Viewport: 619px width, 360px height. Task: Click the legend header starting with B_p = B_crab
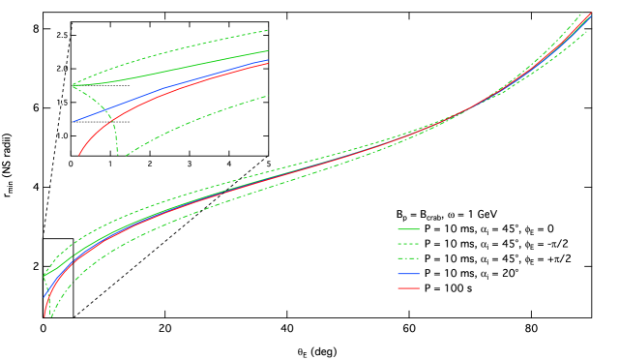click(x=446, y=215)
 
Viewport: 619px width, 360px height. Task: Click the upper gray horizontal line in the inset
click(x=102, y=85)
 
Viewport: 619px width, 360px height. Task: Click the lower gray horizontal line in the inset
click(x=102, y=122)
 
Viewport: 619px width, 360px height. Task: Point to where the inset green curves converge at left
click(x=73, y=85)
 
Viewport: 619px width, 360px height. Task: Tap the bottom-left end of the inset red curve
click(x=79, y=154)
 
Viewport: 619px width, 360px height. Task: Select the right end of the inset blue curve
click(x=267, y=60)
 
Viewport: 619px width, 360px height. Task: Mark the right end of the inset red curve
click(x=267, y=64)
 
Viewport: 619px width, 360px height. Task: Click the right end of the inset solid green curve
click(x=267, y=51)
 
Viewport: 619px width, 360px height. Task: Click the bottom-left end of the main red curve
click(x=45, y=315)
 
